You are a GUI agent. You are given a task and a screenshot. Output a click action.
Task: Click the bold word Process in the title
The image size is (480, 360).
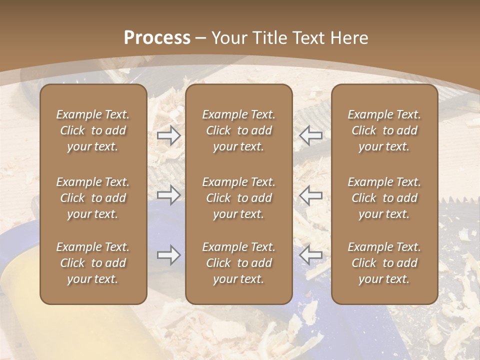tap(157, 38)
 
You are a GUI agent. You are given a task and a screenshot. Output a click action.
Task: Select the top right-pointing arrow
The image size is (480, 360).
tap(169, 135)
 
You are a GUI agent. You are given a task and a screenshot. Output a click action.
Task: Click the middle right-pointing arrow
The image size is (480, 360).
tap(169, 195)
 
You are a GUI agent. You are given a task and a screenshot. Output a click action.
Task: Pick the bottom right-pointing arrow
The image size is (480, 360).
tap(169, 255)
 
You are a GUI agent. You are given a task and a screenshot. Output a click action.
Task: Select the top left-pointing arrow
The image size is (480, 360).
tap(310, 135)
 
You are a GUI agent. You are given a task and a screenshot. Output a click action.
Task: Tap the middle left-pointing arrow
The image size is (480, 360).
tap(310, 195)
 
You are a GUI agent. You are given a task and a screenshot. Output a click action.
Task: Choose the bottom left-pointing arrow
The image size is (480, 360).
tap(310, 255)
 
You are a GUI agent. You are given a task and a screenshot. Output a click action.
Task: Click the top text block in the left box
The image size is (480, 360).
tap(93, 130)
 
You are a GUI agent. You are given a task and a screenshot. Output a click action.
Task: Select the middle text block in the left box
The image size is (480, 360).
tap(93, 198)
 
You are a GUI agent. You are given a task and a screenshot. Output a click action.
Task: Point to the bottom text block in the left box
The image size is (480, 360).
tap(93, 263)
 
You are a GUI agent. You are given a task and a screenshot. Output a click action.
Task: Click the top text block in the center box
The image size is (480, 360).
tap(238, 130)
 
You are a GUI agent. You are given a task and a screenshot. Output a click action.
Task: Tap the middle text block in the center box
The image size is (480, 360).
tap(238, 198)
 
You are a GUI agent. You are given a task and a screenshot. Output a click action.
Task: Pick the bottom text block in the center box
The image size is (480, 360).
tap(238, 263)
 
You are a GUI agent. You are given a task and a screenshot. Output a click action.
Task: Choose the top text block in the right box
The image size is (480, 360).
tap(384, 130)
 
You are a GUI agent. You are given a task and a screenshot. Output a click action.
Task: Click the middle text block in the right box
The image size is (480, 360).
tap(384, 198)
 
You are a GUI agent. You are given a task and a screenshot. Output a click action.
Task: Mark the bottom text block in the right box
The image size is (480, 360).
tap(384, 263)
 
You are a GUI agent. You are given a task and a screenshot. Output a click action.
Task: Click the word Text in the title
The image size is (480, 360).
tap(306, 38)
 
